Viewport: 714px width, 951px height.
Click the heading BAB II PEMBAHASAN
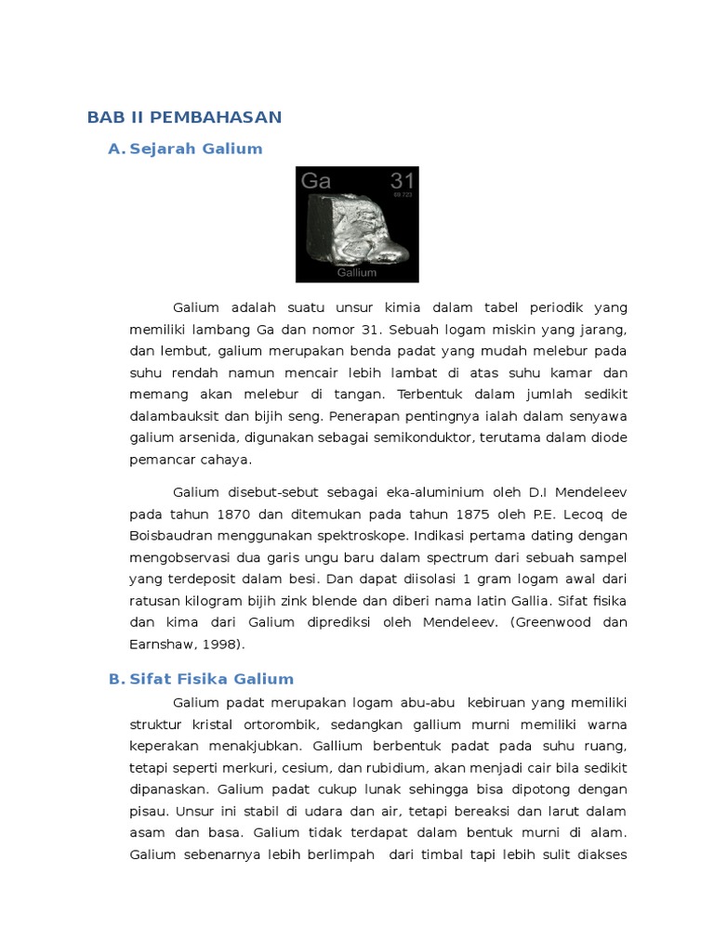tap(184, 117)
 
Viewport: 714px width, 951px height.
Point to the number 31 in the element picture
tap(403, 180)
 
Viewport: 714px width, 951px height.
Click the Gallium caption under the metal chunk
tap(357, 273)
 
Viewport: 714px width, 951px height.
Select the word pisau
tap(149, 811)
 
